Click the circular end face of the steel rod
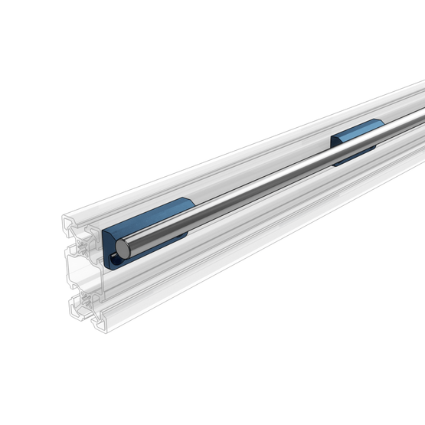click(x=122, y=247)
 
